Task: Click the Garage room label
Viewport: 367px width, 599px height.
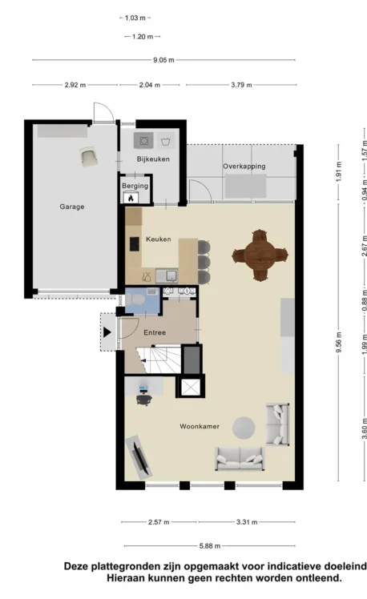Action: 72,207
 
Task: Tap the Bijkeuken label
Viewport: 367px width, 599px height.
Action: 153,159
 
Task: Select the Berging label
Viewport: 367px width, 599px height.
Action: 135,186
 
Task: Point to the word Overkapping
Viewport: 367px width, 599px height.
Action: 244,167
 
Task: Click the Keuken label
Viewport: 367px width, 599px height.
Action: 159,239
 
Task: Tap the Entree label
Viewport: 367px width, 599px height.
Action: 155,332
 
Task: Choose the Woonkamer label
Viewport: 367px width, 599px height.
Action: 200,426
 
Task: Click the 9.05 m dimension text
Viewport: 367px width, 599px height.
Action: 163,60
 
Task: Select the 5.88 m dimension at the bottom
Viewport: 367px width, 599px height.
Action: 210,546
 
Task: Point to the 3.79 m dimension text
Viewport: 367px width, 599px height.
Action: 241,85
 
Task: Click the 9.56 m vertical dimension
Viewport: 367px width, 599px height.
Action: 339,343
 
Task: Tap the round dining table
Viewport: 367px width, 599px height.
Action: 260,255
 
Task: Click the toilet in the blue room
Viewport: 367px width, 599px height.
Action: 135,299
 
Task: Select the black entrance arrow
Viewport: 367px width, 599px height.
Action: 107,332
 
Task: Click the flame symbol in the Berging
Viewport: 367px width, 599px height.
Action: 131,199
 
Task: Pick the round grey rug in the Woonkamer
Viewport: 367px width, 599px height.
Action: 244,428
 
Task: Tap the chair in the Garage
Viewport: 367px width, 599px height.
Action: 90,157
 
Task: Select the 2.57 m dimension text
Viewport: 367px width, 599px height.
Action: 159,522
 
